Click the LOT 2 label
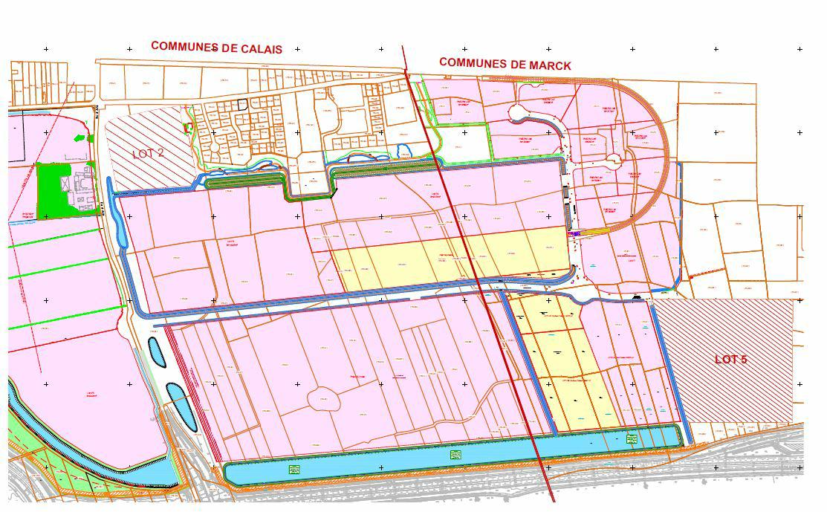(x=148, y=154)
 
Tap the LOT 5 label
(x=730, y=360)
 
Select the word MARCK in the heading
(x=551, y=65)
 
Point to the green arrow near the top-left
(x=80, y=138)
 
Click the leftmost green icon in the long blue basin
(x=294, y=469)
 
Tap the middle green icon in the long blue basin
(x=455, y=455)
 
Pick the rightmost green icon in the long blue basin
(x=632, y=439)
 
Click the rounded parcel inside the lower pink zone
(x=324, y=398)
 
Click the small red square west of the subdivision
(x=187, y=128)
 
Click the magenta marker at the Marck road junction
(x=574, y=233)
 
